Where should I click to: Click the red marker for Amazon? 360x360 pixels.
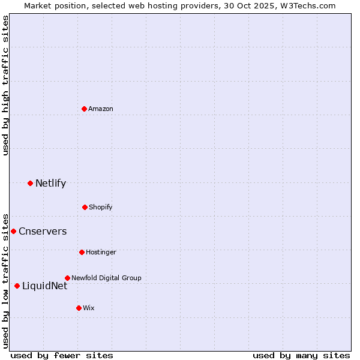point(84,109)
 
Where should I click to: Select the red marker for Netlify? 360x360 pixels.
point(30,183)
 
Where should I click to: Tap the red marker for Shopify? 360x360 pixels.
point(85,207)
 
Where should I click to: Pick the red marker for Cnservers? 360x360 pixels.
point(13,231)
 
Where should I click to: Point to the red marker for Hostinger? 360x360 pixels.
point(82,252)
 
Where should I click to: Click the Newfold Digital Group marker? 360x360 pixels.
point(67,278)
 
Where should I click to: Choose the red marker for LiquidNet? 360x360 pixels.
point(17,286)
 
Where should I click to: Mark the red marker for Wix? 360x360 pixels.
point(79,308)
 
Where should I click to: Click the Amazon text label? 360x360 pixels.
point(101,109)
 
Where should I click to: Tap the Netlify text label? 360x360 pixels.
point(50,183)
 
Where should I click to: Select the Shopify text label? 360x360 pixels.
point(101,207)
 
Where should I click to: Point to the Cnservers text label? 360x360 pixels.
point(43,231)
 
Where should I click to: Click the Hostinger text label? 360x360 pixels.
point(101,252)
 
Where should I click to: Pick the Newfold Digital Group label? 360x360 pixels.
point(106,278)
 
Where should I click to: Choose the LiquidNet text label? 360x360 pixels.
point(44,286)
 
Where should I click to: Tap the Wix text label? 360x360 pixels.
point(89,308)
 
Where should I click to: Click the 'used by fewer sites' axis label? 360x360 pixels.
point(62,355)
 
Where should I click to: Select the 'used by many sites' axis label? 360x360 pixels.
point(301,355)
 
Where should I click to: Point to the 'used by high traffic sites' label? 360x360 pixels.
point(5,85)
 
